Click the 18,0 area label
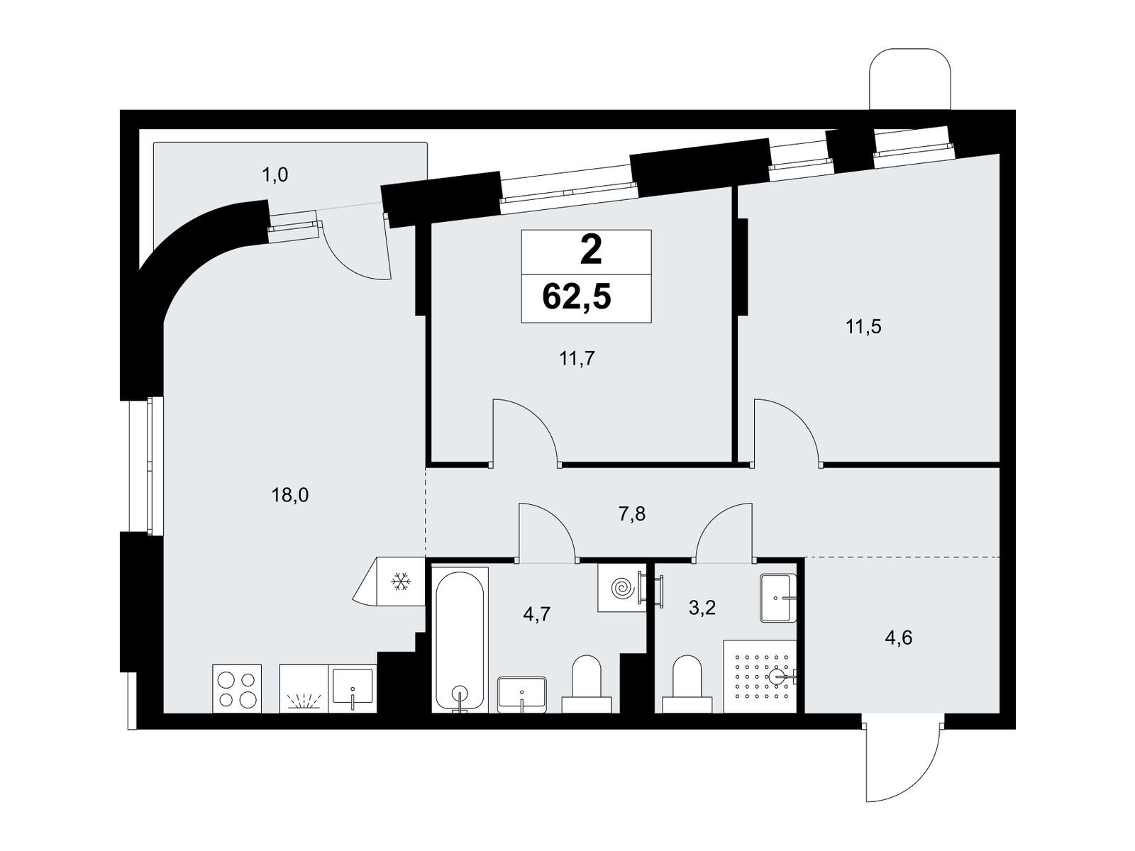[x=289, y=496]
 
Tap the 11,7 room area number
[x=577, y=358]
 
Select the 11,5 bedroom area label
[x=863, y=326]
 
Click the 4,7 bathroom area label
[x=536, y=614]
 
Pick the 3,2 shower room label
[x=702, y=608]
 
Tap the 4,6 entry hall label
[x=898, y=638]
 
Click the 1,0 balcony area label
[x=275, y=175]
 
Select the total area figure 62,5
[x=577, y=297]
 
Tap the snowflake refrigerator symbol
[x=401, y=582]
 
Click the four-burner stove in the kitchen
[x=237, y=689]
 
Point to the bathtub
[x=460, y=640]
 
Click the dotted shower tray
[x=760, y=677]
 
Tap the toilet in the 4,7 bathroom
[x=587, y=684]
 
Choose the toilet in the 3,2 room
[x=687, y=684]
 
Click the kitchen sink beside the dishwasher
[x=353, y=689]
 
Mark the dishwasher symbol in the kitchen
[x=304, y=689]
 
